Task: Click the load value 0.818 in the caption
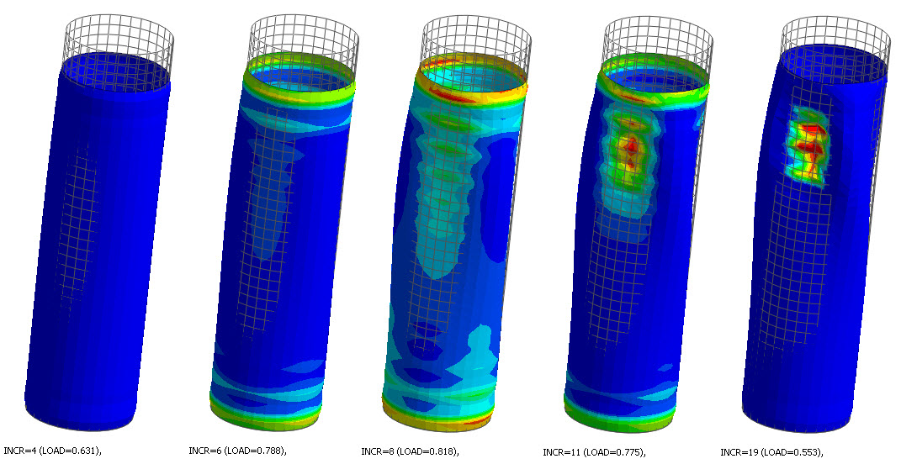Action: click(443, 451)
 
